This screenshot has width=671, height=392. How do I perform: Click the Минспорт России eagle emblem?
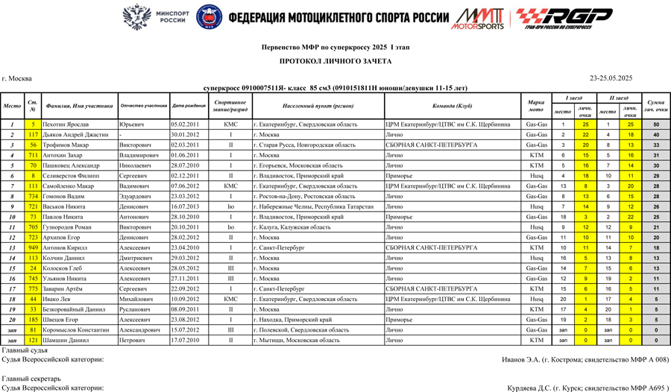coord(136,16)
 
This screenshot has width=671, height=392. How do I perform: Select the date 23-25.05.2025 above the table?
coord(611,78)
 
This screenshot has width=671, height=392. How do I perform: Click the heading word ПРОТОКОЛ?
coord(303,61)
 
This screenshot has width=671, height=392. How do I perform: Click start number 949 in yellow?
coord(33,247)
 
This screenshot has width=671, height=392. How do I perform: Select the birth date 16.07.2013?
coord(183,206)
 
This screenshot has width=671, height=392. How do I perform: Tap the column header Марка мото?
coord(535,106)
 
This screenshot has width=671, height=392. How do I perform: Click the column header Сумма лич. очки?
coord(655,106)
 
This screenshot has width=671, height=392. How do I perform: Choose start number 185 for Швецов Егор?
coord(33,319)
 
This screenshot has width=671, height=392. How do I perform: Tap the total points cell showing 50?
coord(655,124)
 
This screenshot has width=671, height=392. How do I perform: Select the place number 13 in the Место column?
coord(13,247)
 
